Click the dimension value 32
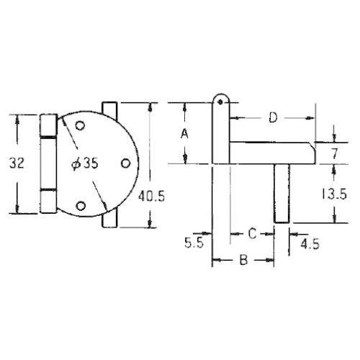[17, 163]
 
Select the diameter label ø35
[85, 163]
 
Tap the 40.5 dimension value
[151, 197]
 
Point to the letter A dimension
[184, 134]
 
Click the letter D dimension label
[273, 117]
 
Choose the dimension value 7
[335, 153]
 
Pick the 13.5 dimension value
[334, 194]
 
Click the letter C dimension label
[252, 233]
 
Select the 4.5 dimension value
[310, 244]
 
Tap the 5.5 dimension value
[194, 243]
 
